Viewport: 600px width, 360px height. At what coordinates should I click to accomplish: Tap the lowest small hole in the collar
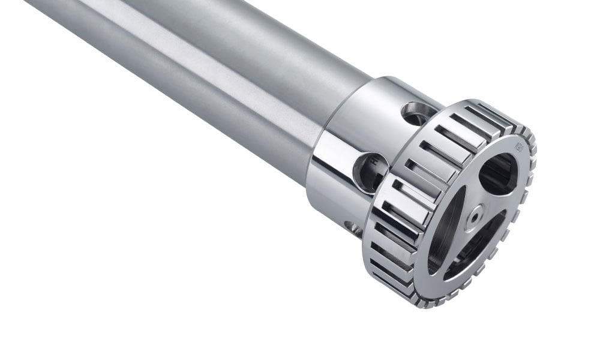tap(353, 227)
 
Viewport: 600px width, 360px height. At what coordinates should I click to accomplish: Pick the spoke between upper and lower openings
tap(498, 207)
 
